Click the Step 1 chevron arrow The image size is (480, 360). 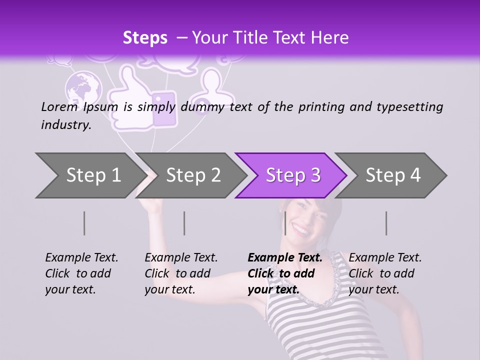click(x=90, y=175)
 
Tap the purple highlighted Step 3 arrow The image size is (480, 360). click(x=292, y=175)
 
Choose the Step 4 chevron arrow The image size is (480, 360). click(x=392, y=175)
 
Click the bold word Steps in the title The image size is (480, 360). click(x=145, y=37)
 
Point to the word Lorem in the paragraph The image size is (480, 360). click(x=59, y=106)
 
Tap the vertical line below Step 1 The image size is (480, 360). click(x=84, y=223)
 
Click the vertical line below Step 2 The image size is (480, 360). click(x=184, y=223)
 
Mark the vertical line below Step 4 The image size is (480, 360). click(x=386, y=223)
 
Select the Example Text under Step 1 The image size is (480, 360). click(x=81, y=258)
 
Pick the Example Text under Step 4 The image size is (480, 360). click(x=385, y=258)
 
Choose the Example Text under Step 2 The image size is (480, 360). click(x=181, y=258)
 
